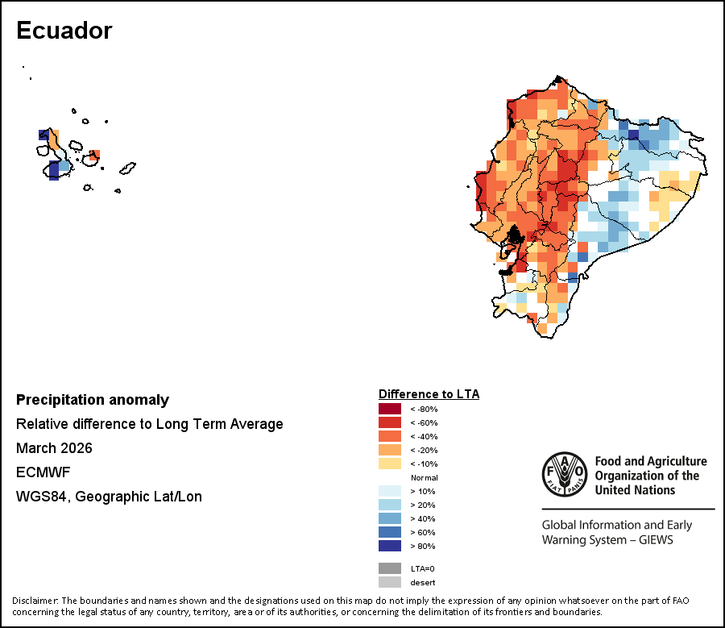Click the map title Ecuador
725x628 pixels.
(64, 31)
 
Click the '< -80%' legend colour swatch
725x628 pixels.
(389, 409)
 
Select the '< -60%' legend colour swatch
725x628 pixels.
(389, 422)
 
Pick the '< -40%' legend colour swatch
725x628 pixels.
(389, 436)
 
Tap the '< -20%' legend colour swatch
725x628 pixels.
(389, 450)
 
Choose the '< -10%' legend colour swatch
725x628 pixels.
(389, 464)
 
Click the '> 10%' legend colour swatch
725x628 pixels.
(389, 491)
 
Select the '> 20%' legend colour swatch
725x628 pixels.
(389, 505)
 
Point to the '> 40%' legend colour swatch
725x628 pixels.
(389, 518)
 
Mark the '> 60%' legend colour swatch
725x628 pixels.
(389, 532)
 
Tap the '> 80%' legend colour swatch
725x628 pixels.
(389, 546)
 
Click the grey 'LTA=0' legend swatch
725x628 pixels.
(389, 568)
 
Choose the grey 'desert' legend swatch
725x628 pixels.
(389, 582)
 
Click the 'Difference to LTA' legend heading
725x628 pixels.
(429, 394)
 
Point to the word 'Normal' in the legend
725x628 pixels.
(423, 477)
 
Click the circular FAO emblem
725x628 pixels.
(565, 475)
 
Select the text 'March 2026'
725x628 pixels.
(54, 448)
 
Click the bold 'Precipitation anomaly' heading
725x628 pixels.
(93, 400)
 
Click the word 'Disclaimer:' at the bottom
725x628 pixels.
(35, 601)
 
